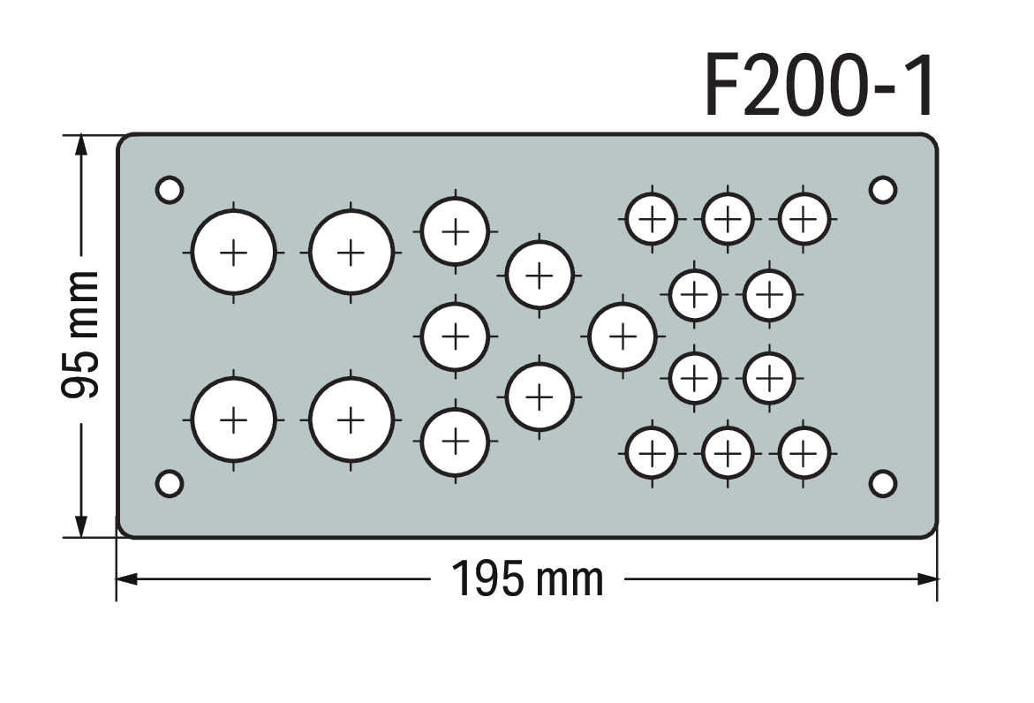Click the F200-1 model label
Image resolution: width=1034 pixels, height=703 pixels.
(819, 86)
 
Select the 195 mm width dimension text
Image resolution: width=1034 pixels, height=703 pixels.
(527, 578)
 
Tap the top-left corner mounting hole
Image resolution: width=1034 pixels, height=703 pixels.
(170, 190)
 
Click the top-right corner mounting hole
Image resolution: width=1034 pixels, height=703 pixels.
(883, 190)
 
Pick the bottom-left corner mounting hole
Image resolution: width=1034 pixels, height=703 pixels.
(170, 483)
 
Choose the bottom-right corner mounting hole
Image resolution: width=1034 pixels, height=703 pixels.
(883, 483)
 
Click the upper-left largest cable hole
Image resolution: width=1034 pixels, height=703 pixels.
(233, 252)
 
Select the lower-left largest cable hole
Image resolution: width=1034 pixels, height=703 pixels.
(233, 420)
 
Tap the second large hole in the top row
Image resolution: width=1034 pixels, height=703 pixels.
(351, 252)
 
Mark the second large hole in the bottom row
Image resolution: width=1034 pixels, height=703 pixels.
(351, 420)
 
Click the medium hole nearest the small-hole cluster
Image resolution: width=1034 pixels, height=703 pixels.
(623, 336)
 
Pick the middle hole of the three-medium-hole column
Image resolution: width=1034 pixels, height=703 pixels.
(455, 336)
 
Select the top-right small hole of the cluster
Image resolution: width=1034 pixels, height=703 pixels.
(804, 219)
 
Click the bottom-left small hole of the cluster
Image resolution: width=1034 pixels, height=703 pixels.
(653, 454)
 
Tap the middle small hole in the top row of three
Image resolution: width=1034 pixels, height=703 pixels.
(728, 219)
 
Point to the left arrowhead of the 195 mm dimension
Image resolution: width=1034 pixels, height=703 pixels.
(126, 579)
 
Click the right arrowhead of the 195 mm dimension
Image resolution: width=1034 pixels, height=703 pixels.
(927, 579)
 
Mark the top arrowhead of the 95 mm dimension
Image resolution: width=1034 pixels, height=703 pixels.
(80, 145)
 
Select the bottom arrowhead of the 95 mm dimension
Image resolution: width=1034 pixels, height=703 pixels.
(80, 526)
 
